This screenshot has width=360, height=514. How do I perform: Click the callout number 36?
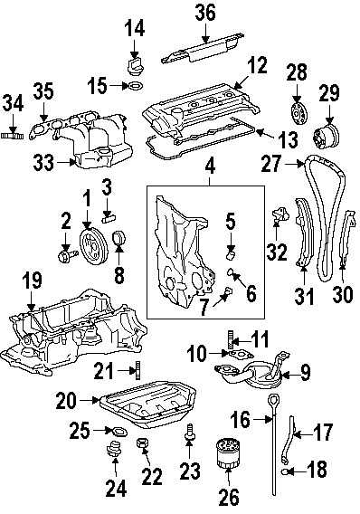pyautogui.click(x=205, y=12)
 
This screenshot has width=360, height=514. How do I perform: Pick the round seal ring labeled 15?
pyautogui.click(x=133, y=88)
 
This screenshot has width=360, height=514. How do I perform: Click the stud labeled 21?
pyautogui.click(x=138, y=369)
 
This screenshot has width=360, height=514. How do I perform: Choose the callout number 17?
pyautogui.click(x=324, y=433)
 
